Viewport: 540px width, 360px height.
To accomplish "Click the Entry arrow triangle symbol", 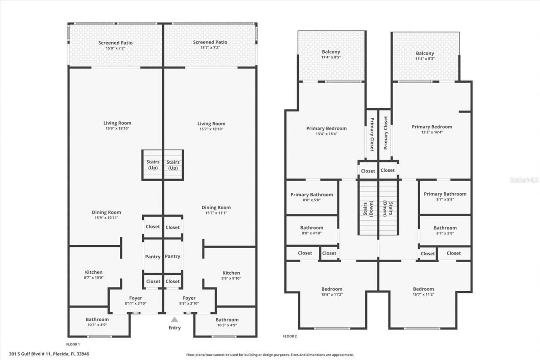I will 174,319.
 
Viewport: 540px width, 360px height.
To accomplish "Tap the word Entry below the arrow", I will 174,328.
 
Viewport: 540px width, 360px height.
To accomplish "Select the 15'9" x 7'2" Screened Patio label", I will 115,45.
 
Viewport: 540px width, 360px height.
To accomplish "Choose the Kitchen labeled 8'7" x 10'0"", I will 94,275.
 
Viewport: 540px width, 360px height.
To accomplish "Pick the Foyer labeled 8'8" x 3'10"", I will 189,300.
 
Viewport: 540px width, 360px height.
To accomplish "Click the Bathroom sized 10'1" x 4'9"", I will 97,322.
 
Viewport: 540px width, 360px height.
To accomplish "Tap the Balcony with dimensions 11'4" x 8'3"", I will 424,56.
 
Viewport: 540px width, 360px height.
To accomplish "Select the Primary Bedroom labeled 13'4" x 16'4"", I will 326,131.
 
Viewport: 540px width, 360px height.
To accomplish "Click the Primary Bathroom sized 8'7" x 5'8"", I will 445,197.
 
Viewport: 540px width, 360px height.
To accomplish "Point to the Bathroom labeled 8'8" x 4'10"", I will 311,230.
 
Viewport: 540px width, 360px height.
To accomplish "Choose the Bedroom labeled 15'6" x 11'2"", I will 332,292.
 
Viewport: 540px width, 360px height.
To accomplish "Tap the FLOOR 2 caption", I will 290,336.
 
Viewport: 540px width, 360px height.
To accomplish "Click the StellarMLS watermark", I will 524,180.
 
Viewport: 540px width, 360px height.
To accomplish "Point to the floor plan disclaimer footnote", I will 270,355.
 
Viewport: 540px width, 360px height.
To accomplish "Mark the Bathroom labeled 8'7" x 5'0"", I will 445,230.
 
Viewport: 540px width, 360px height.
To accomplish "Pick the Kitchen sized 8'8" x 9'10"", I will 231,275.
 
